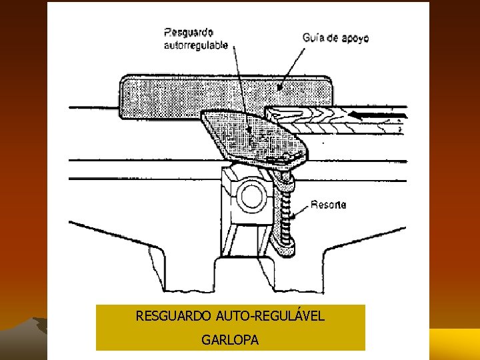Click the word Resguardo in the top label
click(188, 31)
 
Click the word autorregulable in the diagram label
click(196, 45)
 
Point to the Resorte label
click(328, 205)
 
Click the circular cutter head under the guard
click(251, 196)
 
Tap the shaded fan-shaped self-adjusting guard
click(250, 137)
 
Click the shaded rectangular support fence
click(167, 97)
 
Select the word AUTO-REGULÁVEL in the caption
click(273, 315)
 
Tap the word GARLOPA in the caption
click(230, 340)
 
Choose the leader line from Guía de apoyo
click(293, 67)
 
